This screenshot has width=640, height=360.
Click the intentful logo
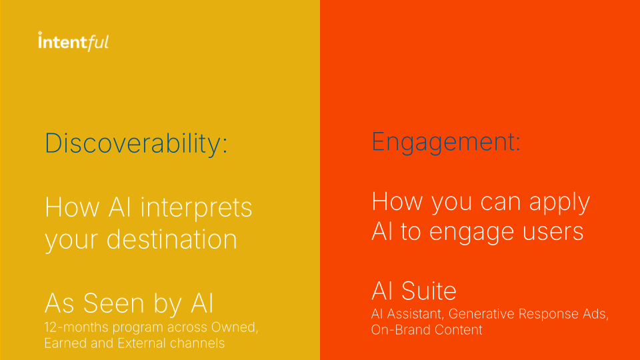[x=73, y=41]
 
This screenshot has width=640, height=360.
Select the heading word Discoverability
[x=133, y=144]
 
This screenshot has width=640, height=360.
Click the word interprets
[x=196, y=209]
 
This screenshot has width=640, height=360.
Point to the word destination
[x=172, y=239]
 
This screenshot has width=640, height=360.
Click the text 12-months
[x=76, y=327]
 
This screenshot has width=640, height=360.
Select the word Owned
[x=234, y=327]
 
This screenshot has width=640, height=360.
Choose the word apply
[x=559, y=203]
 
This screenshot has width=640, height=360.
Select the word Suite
[x=429, y=291]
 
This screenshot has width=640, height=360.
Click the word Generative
[x=481, y=314]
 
